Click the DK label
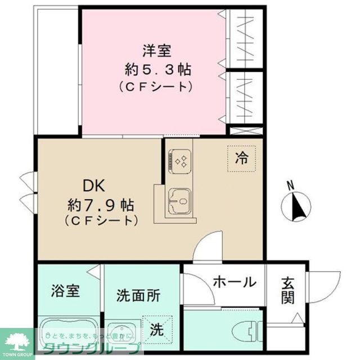pos(94,185)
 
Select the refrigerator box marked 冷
pos(241,158)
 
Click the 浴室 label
pos(65,292)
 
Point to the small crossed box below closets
pos(246,131)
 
